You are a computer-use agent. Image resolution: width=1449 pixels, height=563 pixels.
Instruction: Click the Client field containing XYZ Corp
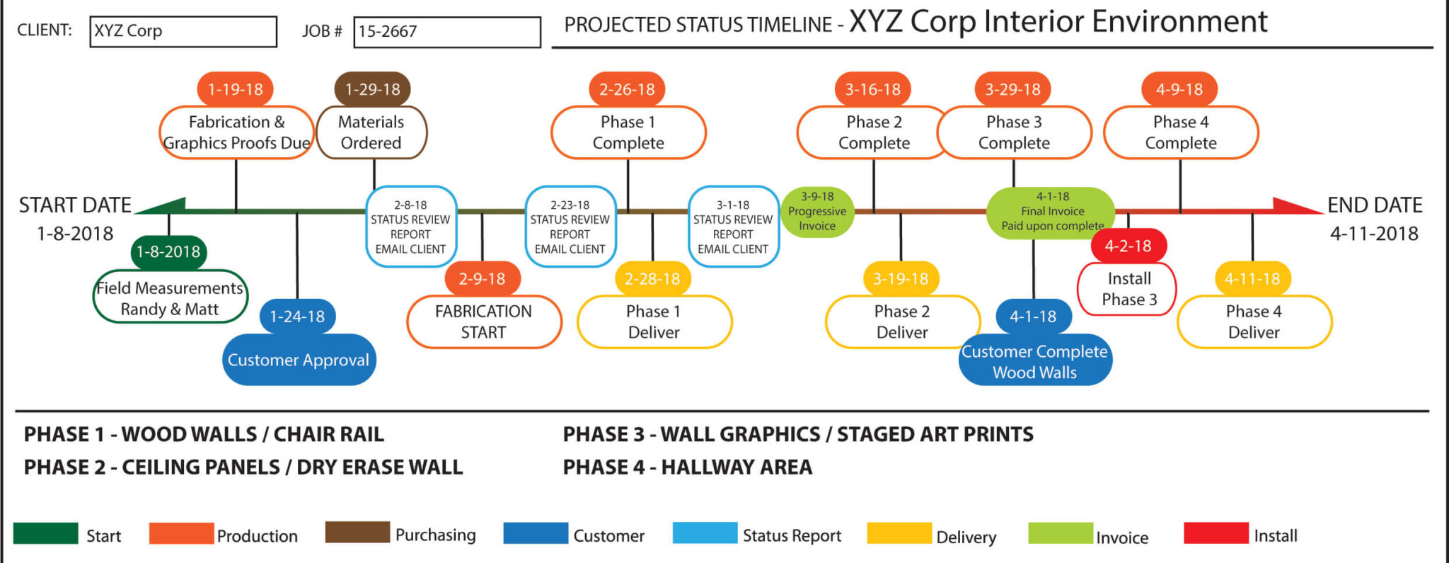pyautogui.click(x=183, y=32)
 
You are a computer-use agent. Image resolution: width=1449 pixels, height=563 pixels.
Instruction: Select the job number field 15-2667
pyautogui.click(x=446, y=32)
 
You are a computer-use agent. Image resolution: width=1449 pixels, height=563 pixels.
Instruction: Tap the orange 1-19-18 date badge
pyautogui.click(x=235, y=89)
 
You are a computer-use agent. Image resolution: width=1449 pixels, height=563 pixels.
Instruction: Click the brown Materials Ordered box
pyautogui.click(x=371, y=132)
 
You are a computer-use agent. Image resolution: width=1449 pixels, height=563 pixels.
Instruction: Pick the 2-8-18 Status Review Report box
pyautogui.click(x=411, y=227)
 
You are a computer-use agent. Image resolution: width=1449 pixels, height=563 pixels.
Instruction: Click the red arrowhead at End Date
pyautogui.click(x=1295, y=206)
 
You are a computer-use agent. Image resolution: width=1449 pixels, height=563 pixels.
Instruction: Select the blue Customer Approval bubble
pyautogui.click(x=299, y=360)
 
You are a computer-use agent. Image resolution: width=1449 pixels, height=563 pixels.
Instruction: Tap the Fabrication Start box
pyautogui.click(x=484, y=322)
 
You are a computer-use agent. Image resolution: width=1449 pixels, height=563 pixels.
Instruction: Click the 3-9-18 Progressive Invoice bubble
pyautogui.click(x=817, y=212)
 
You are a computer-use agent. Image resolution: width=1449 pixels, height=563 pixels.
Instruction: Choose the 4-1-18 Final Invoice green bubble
pyautogui.click(x=1051, y=212)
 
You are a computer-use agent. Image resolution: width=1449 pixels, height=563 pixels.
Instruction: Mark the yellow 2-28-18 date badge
pyautogui.click(x=652, y=279)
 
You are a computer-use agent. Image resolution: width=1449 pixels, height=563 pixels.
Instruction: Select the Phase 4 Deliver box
pyautogui.click(x=1254, y=322)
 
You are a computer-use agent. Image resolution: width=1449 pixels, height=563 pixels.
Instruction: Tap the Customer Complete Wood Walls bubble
pyautogui.click(x=1035, y=361)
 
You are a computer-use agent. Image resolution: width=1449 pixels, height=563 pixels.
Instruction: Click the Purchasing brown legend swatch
pyautogui.click(x=357, y=533)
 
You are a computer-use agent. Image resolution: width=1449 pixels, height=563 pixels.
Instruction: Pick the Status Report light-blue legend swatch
pyautogui.click(x=705, y=533)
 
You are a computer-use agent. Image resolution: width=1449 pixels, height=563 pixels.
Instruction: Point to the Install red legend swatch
pyautogui.click(x=1216, y=533)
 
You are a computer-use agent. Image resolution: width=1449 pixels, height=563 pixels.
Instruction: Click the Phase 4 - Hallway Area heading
pyautogui.click(x=687, y=467)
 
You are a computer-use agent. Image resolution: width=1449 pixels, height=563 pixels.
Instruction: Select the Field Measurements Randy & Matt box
pyautogui.click(x=170, y=298)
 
